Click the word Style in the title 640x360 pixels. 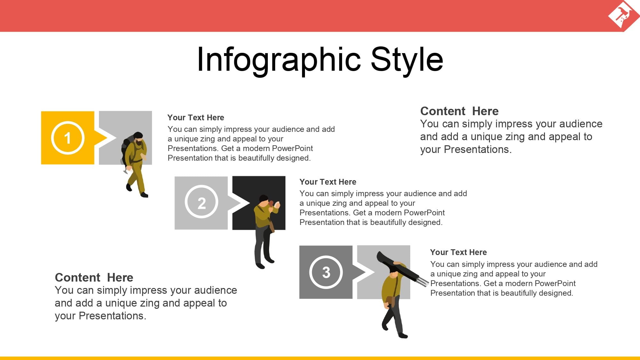[x=407, y=60]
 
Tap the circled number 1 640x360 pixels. [x=68, y=138]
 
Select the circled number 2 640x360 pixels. [x=201, y=202]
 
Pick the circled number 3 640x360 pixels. [x=326, y=272]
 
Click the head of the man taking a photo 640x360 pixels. [x=264, y=200]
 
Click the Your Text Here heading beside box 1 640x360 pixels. [x=196, y=118]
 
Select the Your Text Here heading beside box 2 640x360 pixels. [x=328, y=182]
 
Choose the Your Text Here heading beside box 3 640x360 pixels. [x=458, y=252]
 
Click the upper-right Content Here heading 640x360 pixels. [x=459, y=111]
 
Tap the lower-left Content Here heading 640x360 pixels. [x=94, y=277]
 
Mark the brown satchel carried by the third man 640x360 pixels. [x=390, y=301]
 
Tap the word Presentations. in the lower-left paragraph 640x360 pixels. [x=112, y=316]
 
